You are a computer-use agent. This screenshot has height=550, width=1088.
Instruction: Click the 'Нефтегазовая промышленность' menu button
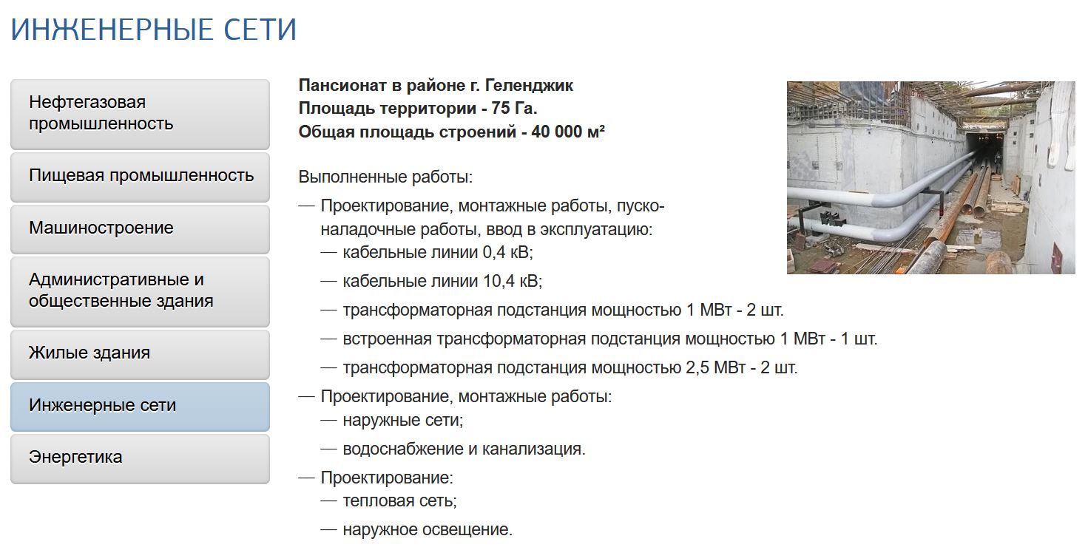(x=140, y=114)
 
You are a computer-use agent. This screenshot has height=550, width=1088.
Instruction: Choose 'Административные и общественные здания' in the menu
(x=140, y=291)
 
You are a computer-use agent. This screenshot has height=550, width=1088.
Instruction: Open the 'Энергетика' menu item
(x=140, y=458)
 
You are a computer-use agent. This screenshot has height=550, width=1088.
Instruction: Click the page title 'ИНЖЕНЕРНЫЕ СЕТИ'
(x=154, y=29)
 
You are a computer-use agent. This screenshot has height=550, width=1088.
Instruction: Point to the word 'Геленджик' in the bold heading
(x=530, y=86)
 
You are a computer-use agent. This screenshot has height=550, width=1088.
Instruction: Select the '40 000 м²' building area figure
(x=568, y=132)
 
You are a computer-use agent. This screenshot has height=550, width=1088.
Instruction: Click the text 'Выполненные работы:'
(x=385, y=177)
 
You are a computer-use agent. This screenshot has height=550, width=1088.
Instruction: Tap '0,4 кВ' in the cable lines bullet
(x=508, y=252)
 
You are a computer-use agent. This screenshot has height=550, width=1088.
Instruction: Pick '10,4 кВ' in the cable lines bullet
(x=513, y=281)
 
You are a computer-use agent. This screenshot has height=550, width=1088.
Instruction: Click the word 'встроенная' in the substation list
(x=387, y=339)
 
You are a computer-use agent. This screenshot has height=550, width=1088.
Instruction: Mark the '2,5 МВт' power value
(x=715, y=367)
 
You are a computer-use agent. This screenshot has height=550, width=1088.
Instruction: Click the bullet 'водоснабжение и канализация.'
(x=464, y=449)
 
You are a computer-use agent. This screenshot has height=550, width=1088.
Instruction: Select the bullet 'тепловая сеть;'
(x=399, y=500)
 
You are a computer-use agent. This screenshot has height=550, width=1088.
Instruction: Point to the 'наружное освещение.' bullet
(x=428, y=529)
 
